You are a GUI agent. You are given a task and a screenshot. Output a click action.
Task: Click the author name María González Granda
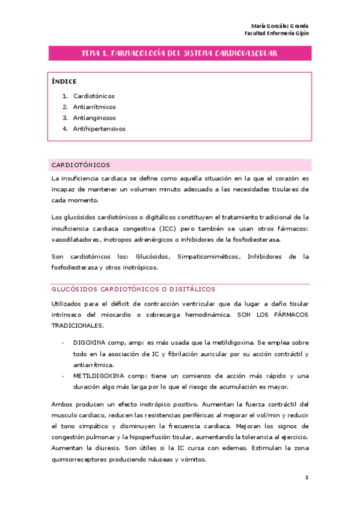(279, 26)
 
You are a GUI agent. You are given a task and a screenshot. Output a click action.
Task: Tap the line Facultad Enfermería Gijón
(277, 34)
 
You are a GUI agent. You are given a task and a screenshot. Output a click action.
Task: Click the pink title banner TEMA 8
(179, 54)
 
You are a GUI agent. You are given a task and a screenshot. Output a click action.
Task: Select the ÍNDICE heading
(64, 81)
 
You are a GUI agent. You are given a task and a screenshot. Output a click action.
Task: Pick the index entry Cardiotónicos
(94, 96)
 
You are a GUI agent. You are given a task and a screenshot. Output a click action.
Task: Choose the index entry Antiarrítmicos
(95, 107)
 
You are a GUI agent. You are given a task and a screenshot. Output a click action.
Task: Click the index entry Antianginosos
(94, 118)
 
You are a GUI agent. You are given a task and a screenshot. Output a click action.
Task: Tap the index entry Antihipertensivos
(99, 129)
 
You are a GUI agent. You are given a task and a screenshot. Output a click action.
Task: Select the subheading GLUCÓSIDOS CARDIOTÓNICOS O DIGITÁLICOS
(133, 289)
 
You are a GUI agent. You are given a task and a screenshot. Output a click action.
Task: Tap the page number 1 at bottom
(307, 478)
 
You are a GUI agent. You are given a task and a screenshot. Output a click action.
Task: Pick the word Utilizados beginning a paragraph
(69, 305)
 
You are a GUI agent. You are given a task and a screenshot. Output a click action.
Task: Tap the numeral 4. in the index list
(64, 129)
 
